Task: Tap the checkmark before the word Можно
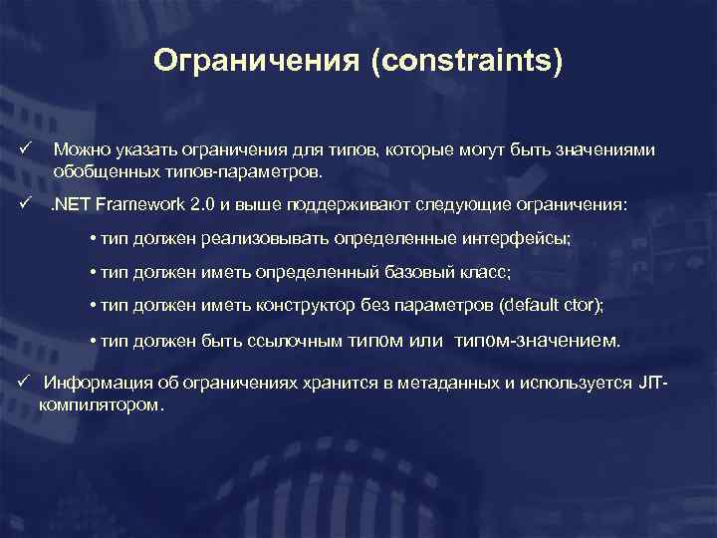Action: [25, 149]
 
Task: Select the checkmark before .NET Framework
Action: [25, 204]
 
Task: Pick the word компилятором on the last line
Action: [100, 405]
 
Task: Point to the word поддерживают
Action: [339, 205]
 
